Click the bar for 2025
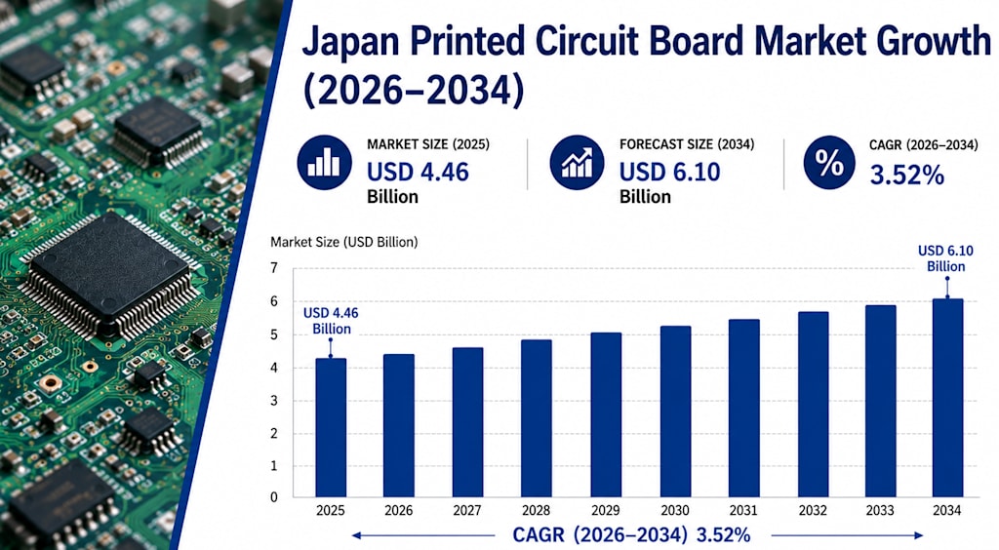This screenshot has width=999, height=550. (x=331, y=428)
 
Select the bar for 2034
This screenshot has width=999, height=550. (x=947, y=398)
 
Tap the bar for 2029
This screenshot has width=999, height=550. (x=606, y=414)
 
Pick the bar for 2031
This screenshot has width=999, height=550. (x=744, y=408)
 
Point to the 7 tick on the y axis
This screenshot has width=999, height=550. (x=274, y=268)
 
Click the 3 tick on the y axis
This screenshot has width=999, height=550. (x=274, y=401)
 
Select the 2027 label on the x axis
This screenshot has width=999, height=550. (x=467, y=511)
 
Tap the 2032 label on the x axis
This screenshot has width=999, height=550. (x=813, y=511)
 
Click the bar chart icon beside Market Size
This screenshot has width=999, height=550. (x=324, y=162)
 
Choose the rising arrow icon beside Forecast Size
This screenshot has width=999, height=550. (x=578, y=162)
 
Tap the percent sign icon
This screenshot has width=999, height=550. (x=829, y=162)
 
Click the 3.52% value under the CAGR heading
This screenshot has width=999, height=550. (x=906, y=176)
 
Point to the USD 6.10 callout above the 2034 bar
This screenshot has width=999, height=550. (x=945, y=258)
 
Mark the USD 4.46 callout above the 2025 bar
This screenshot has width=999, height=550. (x=331, y=321)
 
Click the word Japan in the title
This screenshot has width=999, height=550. (x=350, y=43)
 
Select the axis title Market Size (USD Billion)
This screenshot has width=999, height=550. (x=344, y=242)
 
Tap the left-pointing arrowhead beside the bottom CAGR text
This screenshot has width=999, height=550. (x=357, y=535)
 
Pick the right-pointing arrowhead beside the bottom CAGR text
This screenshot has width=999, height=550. (x=917, y=535)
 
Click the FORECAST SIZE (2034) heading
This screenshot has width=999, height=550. (x=687, y=144)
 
